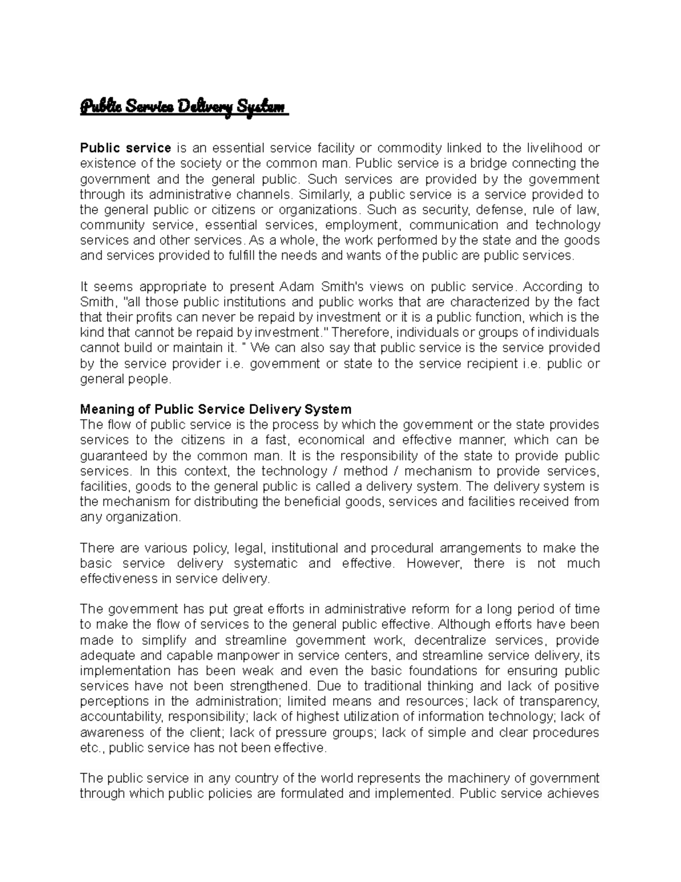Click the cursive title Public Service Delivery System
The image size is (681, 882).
pyautogui.click(x=184, y=107)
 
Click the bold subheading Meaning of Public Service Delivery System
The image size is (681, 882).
pyautogui.click(x=216, y=409)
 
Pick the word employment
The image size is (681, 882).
pyautogui.click(x=363, y=225)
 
